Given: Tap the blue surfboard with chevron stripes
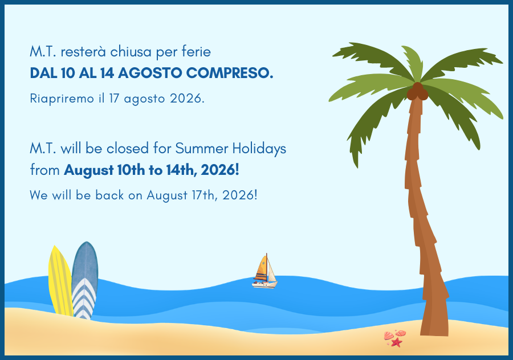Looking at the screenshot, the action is pos(85,281).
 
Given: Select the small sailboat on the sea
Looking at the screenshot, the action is pos(264,271).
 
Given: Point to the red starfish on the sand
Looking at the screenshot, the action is pos(397,342).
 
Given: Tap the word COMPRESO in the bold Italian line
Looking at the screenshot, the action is pos(229,73).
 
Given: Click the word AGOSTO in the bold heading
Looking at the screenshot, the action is pos(150,73).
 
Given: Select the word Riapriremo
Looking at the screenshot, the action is pos(62,99).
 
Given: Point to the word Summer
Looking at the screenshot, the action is pos(202,149).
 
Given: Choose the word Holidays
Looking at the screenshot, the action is pos(259,149).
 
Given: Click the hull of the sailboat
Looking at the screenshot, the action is pos(264,285).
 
